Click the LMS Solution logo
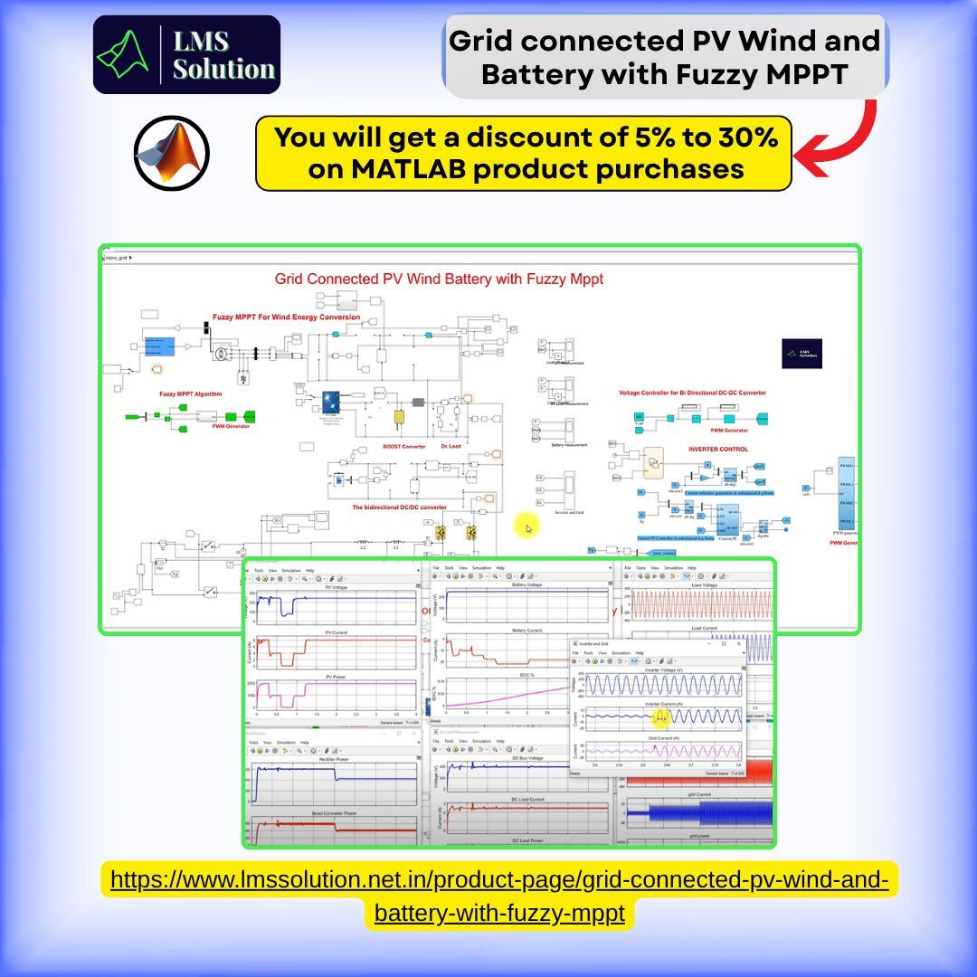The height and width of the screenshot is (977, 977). pos(186,54)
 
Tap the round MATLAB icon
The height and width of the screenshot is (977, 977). pos(172,152)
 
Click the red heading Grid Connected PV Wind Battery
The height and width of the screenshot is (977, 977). pos(439,280)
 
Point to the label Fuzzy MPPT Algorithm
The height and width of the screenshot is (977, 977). pos(190,394)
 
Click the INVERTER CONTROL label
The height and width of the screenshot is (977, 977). pos(718,449)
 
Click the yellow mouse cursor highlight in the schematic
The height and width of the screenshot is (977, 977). pos(526,526)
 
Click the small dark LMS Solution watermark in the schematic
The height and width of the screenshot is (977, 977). pos(802,354)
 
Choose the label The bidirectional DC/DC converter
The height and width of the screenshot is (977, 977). pos(399,507)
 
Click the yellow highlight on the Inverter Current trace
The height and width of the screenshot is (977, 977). pos(661,717)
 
